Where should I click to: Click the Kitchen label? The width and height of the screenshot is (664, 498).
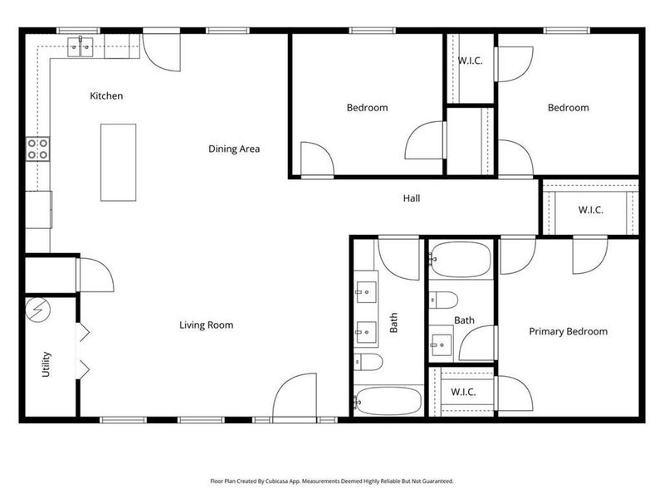pyautogui.click(x=106, y=96)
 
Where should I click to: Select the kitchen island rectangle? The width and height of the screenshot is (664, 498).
pyautogui.click(x=119, y=162)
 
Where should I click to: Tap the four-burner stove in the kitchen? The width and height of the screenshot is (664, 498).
pyautogui.click(x=37, y=149)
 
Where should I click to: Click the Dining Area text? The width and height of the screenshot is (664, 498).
pyautogui.click(x=234, y=149)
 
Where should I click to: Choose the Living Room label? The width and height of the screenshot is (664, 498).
pyautogui.click(x=206, y=325)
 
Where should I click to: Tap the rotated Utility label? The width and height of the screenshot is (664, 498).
pyautogui.click(x=46, y=364)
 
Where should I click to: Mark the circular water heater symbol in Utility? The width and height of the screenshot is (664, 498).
pyautogui.click(x=38, y=310)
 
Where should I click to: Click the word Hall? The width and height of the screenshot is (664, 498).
pyautogui.click(x=412, y=198)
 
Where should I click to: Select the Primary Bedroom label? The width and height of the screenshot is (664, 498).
pyautogui.click(x=568, y=332)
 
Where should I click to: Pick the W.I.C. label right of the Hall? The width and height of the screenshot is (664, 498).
pyautogui.click(x=590, y=210)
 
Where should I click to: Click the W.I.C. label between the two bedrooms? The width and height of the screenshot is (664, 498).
pyautogui.click(x=471, y=62)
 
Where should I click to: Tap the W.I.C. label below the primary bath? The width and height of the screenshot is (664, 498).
pyautogui.click(x=462, y=392)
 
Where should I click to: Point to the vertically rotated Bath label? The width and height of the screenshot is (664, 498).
pyautogui.click(x=394, y=322)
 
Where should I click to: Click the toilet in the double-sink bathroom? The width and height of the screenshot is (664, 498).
pyautogui.click(x=368, y=362)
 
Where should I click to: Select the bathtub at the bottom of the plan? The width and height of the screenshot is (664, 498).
pyautogui.click(x=388, y=401)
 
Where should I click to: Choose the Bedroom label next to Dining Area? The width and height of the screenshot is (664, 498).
pyautogui.click(x=367, y=108)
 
